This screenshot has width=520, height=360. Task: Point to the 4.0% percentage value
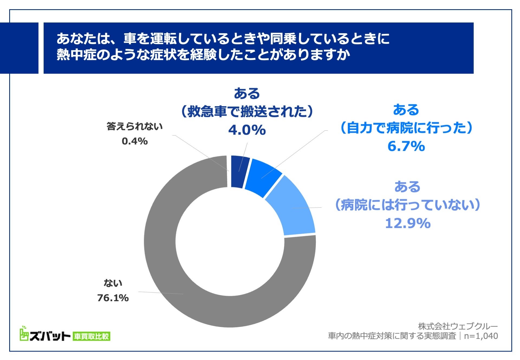[x=247, y=130]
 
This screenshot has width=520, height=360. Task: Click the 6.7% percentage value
[x=406, y=146]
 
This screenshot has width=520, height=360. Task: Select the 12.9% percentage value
[x=408, y=223]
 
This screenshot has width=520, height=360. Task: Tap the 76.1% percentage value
[x=113, y=298]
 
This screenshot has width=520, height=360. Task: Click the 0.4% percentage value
[x=135, y=141]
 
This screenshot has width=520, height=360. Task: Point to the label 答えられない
[x=135, y=127]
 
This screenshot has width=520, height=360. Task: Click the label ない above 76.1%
[x=113, y=283]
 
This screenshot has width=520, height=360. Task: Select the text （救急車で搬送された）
[x=247, y=112]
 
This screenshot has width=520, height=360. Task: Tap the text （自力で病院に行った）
[x=406, y=128]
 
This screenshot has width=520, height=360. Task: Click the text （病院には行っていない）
[x=408, y=205]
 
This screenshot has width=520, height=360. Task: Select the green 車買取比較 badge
[x=92, y=336]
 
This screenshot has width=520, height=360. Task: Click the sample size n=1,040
[x=481, y=336]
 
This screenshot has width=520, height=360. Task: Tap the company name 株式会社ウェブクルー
[x=458, y=326]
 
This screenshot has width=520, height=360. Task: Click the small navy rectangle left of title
[x=19, y=48]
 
